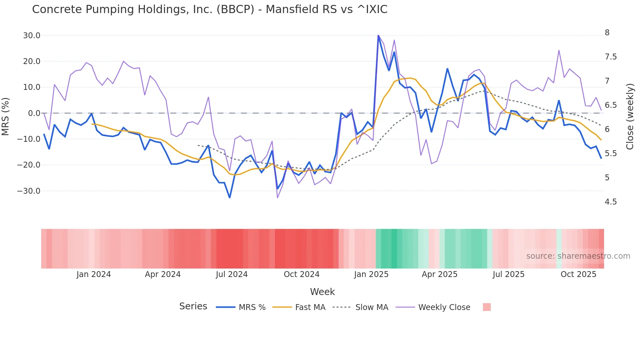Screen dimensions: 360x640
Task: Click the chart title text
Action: (210, 9)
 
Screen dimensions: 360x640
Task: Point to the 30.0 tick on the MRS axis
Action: (32, 36)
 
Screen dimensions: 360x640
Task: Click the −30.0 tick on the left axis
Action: (29, 191)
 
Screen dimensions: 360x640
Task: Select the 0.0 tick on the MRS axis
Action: (34, 113)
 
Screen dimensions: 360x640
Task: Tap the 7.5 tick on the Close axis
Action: (611, 57)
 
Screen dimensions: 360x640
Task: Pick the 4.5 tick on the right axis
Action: (611, 202)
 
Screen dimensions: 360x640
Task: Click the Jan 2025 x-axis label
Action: (371, 274)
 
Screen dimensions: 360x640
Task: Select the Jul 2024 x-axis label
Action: (232, 274)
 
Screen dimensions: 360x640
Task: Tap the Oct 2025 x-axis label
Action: (578, 274)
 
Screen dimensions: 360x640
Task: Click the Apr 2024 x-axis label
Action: (163, 274)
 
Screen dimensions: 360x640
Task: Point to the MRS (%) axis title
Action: (5, 117)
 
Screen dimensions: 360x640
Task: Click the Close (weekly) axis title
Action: (630, 117)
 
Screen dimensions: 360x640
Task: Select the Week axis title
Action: (322, 292)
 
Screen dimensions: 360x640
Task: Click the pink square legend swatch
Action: (487, 307)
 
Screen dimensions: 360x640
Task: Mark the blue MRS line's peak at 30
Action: (378, 36)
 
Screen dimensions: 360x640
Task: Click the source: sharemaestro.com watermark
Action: (578, 256)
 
